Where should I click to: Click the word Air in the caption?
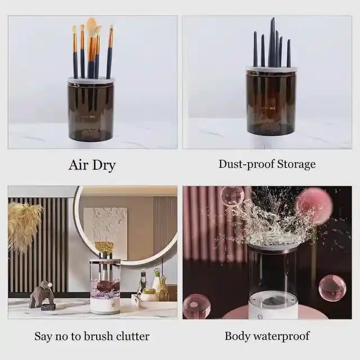78,165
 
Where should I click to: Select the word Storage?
295,164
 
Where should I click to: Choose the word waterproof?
283,336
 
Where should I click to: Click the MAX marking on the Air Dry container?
92,117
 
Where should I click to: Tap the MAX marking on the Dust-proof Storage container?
272,108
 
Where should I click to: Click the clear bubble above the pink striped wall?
232,196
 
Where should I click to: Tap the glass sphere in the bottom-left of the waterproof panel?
196,306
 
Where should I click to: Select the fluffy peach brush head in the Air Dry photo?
91,26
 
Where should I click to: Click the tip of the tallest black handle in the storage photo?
273,20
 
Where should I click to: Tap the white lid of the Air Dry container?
91,81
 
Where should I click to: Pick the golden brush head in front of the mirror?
103,247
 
